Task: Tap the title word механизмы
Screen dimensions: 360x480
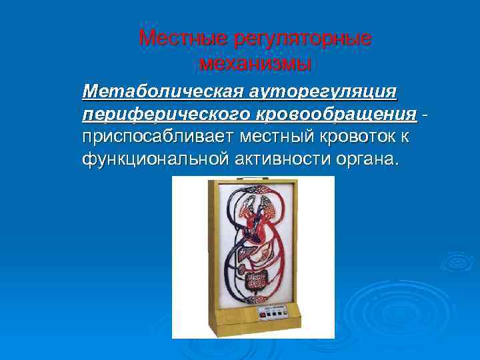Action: [x=255, y=64]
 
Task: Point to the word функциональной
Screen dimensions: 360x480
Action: [x=155, y=160]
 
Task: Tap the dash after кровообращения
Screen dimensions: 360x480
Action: [x=425, y=114]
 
